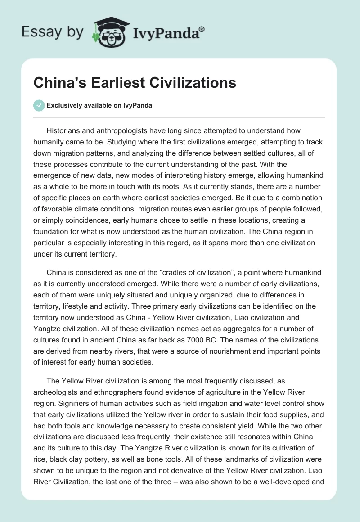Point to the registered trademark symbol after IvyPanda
point(202,28)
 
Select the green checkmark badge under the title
point(39,105)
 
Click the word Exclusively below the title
point(65,105)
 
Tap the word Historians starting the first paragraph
point(65,130)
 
